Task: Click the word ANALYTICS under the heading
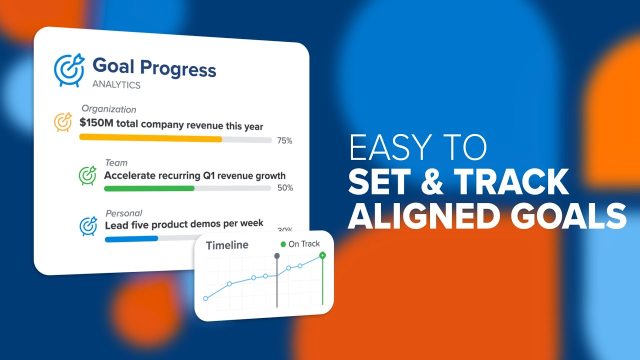click(116, 85)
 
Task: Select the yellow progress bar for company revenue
click(150, 138)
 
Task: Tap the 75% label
click(284, 141)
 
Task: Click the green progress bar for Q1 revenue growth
click(149, 188)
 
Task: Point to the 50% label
click(285, 188)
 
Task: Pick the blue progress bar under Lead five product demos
click(131, 238)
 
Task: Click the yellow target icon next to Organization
click(63, 122)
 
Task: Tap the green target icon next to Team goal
click(87, 175)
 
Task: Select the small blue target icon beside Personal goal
click(88, 226)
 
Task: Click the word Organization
click(108, 109)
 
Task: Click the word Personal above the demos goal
click(123, 213)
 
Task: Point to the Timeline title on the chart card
click(227, 245)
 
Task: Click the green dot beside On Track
click(283, 244)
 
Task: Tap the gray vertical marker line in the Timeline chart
click(276, 285)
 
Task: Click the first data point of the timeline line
click(205, 298)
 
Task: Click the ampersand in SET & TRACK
click(431, 182)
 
